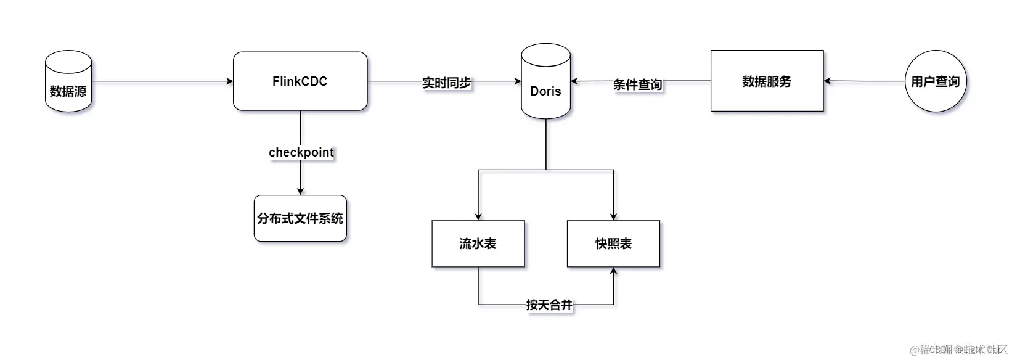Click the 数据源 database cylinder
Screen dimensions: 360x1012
click(68, 81)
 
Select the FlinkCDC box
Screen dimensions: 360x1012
click(300, 81)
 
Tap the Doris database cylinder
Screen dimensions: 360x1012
click(545, 81)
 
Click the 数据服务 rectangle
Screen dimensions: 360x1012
click(767, 81)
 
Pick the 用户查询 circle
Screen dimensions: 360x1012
click(936, 81)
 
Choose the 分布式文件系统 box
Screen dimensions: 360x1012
click(300, 218)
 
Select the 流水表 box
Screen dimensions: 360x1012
click(478, 243)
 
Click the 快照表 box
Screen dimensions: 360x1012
click(613, 243)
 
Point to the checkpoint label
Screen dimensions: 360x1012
click(301, 152)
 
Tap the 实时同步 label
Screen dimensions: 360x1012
click(446, 83)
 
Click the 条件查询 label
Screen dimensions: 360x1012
click(637, 84)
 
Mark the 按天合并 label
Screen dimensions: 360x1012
click(549, 305)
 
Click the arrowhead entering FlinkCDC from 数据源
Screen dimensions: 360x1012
click(230, 81)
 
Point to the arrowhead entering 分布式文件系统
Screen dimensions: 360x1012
click(300, 192)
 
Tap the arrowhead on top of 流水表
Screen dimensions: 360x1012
click(478, 217)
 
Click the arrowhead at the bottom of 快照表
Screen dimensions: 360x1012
click(613, 271)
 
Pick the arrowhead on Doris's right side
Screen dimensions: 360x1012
click(574, 81)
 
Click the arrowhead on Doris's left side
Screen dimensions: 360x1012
click(518, 81)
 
